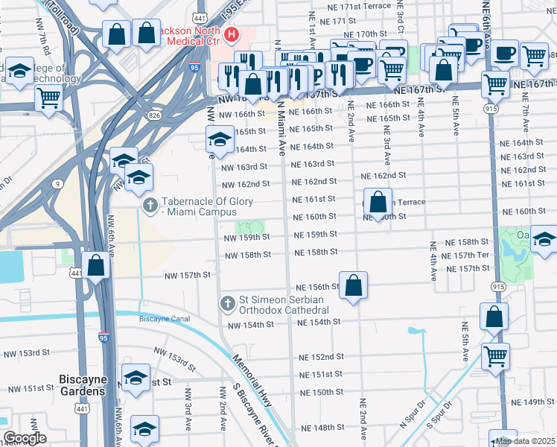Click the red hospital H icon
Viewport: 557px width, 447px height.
(232, 34)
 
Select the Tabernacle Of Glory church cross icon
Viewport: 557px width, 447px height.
(150, 206)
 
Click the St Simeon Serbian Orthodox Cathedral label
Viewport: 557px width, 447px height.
(284, 304)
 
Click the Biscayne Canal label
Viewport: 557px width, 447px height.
(165, 320)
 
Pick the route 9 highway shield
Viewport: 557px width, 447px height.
(57, 183)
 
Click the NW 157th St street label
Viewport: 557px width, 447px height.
(188, 275)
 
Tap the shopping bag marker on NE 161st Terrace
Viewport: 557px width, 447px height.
(378, 201)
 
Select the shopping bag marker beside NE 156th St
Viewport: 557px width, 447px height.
(354, 285)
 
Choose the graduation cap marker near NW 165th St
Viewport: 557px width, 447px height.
(220, 139)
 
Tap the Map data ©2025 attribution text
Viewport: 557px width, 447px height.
(525, 441)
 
